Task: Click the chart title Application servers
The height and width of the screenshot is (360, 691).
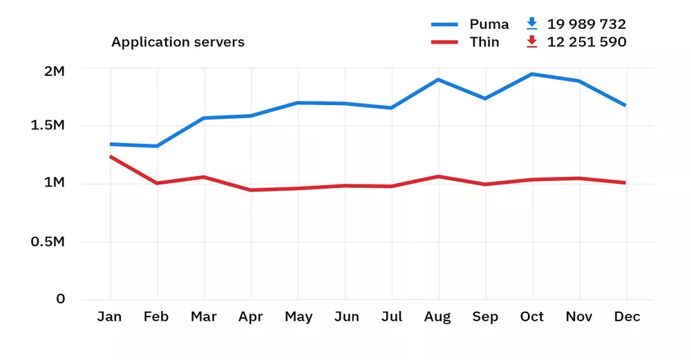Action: pyautogui.click(x=178, y=42)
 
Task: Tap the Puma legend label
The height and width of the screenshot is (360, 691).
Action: pyautogui.click(x=489, y=24)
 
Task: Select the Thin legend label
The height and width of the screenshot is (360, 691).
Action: pyautogui.click(x=484, y=42)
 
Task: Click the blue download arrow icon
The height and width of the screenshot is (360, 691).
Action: pyautogui.click(x=531, y=23)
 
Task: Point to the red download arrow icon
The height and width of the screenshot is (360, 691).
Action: pyautogui.click(x=531, y=42)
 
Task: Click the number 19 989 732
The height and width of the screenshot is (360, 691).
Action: pyautogui.click(x=587, y=24)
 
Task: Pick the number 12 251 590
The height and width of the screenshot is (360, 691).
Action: pyautogui.click(x=587, y=42)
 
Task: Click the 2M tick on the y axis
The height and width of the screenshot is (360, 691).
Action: pyautogui.click(x=53, y=71)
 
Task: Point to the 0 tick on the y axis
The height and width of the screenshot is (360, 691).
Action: pyautogui.click(x=61, y=299)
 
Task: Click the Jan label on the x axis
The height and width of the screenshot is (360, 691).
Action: pyautogui.click(x=109, y=317)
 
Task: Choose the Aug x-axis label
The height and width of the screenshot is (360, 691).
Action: pyautogui.click(x=437, y=317)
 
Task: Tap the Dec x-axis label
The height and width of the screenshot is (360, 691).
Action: pyautogui.click(x=626, y=317)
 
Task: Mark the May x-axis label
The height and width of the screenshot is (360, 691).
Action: pyautogui.click(x=299, y=317)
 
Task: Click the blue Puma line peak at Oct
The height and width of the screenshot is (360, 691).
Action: pyautogui.click(x=531, y=74)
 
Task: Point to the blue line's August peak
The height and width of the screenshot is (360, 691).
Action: pyautogui.click(x=437, y=79)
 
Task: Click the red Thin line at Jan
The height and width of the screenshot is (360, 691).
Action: pyautogui.click(x=111, y=157)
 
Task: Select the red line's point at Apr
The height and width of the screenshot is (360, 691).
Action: pyautogui.click(x=250, y=190)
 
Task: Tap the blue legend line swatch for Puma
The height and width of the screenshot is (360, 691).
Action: pyautogui.click(x=444, y=24)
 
